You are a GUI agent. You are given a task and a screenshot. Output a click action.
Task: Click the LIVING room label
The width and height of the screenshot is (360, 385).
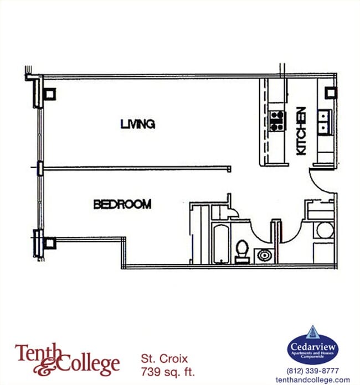(x=137, y=124)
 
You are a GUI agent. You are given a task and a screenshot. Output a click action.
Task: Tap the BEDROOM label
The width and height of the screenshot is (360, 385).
(x=122, y=204)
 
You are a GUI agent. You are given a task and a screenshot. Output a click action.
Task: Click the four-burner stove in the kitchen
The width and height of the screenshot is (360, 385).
(x=276, y=121)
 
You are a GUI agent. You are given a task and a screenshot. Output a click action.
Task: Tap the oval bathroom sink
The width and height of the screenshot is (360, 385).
(x=265, y=255)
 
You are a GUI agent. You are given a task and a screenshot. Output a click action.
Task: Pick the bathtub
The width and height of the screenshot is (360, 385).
(x=220, y=243)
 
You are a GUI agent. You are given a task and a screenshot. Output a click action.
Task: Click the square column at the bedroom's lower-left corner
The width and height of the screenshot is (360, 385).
(x=50, y=242)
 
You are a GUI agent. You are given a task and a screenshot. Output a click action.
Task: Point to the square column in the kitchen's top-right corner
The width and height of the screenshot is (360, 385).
(x=330, y=92)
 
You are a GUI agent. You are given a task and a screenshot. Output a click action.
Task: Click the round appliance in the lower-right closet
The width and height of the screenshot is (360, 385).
(x=325, y=230)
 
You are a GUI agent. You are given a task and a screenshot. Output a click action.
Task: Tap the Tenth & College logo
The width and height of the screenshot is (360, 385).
(x=67, y=358)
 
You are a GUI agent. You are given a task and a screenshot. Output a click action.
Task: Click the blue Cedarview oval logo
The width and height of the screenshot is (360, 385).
(x=312, y=347)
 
